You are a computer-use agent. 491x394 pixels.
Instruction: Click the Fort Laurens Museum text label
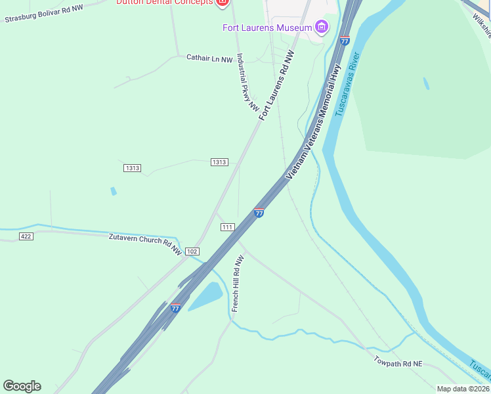click(267, 27)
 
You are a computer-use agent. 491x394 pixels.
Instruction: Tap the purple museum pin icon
click(322, 27)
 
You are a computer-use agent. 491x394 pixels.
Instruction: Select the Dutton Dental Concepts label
click(164, 2)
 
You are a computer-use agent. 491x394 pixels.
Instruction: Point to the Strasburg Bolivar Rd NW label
click(44, 14)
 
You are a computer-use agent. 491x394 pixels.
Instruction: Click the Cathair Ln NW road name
click(209, 59)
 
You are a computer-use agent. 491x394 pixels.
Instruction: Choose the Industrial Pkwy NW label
click(248, 82)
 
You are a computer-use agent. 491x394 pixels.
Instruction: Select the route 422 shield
click(26, 236)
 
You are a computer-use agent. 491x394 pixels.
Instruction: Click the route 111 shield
click(228, 227)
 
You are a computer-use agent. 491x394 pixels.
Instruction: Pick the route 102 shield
click(192, 252)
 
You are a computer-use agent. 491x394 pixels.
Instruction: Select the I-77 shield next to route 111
click(259, 213)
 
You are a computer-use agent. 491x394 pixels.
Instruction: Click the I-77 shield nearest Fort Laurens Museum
click(345, 41)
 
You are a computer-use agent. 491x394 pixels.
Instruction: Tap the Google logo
click(22, 385)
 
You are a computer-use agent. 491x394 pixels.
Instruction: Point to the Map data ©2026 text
click(462, 389)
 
